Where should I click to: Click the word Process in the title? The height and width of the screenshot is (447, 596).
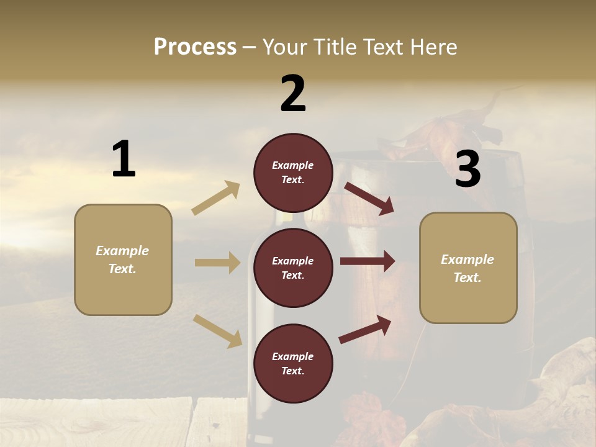point(195,47)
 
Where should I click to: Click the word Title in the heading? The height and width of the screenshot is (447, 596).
point(335,47)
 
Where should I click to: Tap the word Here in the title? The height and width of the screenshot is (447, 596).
point(432,47)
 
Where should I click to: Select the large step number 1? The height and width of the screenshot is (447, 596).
point(124,160)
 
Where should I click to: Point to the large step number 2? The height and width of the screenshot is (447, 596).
point(293,94)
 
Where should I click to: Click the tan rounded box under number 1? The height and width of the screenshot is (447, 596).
point(123,260)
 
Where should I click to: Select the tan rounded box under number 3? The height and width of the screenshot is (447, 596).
point(468,268)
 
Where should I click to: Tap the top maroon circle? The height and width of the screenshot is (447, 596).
point(293,173)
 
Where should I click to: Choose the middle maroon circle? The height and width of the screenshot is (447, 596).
point(293,268)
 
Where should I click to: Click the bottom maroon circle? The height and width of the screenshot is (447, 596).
point(293,363)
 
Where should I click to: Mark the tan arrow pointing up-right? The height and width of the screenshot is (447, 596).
point(216,197)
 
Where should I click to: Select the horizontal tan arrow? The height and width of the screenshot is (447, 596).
point(217,263)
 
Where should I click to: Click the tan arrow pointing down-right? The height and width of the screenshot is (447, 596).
point(218,330)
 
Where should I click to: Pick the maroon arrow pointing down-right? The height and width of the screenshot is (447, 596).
point(369,198)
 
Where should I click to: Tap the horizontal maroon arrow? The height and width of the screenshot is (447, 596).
point(368,261)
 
